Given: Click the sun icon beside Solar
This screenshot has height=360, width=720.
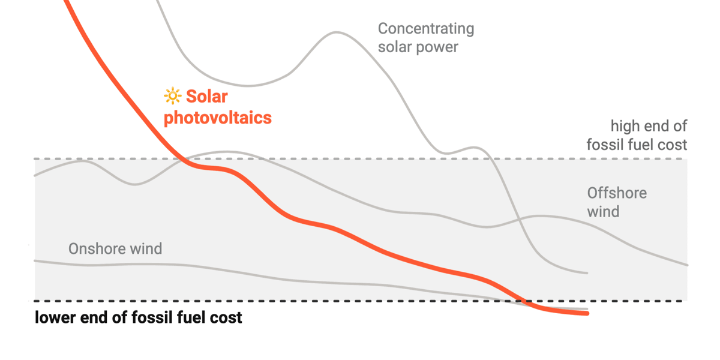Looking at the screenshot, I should click(x=172, y=96).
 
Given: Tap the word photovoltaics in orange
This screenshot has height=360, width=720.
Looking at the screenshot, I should click(x=218, y=118).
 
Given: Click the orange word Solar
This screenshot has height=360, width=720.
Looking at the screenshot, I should click(x=207, y=96).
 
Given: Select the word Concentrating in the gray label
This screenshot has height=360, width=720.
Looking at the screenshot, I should click(x=426, y=29).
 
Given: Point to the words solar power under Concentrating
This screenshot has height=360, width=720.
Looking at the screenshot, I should click(x=418, y=47).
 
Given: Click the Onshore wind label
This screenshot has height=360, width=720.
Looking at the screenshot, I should click(x=115, y=248).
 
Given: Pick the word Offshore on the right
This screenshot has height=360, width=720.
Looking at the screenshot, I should click(x=617, y=193).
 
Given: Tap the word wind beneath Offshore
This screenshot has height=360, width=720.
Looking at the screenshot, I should click(x=602, y=211).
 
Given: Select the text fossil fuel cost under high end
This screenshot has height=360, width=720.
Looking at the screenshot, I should click(x=637, y=145).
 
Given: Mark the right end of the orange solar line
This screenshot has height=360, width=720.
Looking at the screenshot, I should click(x=587, y=313).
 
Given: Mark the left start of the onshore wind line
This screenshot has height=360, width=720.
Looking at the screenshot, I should click(x=35, y=260).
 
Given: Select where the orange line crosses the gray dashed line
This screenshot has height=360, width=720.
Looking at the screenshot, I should click(x=182, y=159).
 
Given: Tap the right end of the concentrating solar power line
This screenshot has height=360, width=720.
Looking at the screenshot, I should click(x=586, y=273).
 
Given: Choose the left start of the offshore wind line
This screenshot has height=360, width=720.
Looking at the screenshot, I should click(x=35, y=175).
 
